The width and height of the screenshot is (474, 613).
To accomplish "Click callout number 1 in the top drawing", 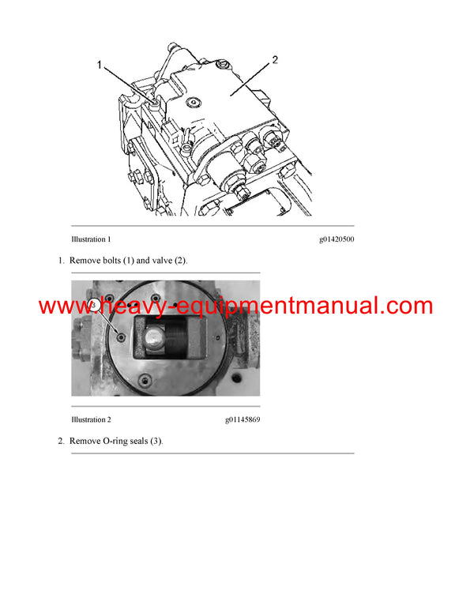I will [x=100, y=66].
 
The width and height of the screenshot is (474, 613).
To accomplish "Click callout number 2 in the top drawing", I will [x=274, y=60].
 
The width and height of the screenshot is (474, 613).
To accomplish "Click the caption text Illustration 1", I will [x=91, y=239].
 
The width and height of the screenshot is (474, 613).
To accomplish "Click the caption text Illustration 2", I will [x=91, y=419].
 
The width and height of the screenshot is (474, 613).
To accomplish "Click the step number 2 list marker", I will [x=60, y=440].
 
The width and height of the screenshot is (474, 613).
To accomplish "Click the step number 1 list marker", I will [x=60, y=260].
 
